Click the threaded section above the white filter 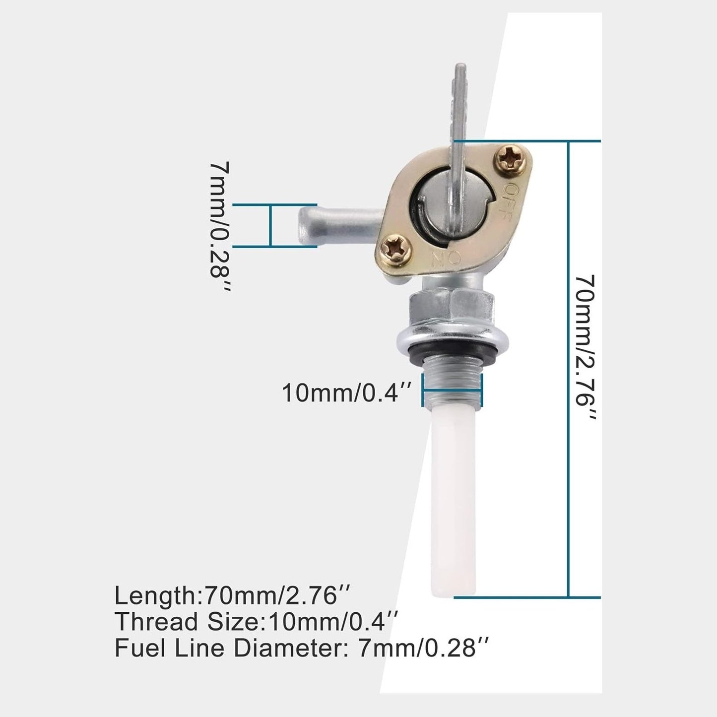tap(452, 382)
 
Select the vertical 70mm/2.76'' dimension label tap(586, 348)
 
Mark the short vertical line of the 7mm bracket tap(271, 225)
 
